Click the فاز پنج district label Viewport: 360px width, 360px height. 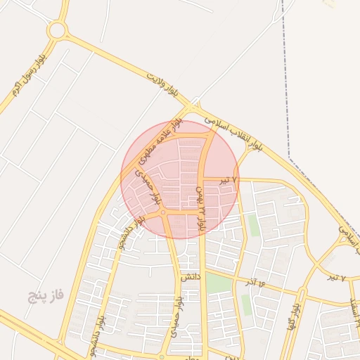46,295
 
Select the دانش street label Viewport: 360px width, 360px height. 191,278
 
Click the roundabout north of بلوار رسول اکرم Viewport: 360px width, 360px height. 58,30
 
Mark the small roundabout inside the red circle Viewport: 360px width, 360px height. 162,212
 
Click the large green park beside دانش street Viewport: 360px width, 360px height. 219,283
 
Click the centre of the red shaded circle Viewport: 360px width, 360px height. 179,179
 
